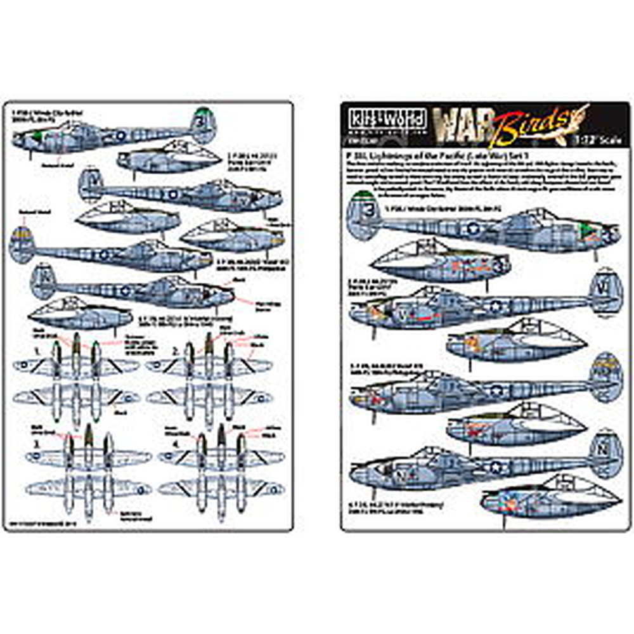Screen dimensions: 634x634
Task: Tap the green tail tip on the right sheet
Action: pyautogui.click(x=366, y=197)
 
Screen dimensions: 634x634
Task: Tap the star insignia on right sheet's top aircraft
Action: pyautogui.click(x=472, y=230)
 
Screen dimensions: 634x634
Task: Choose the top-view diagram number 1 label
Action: pyautogui.click(x=37, y=350)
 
